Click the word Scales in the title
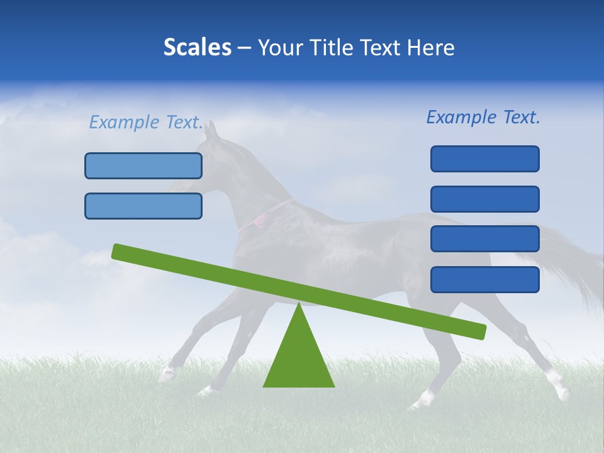coord(197,48)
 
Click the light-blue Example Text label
coord(146,122)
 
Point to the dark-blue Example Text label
coord(483,117)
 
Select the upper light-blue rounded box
coord(143,165)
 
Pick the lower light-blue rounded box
coord(143,206)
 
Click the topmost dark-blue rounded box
coord(484,159)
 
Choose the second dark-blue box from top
coord(484,199)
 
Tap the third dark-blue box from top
coord(484,239)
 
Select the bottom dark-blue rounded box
coord(484,279)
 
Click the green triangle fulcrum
coord(299,359)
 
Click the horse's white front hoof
coord(167,374)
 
